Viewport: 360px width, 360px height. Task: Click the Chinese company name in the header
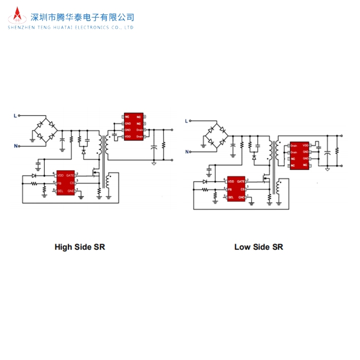click(x=83, y=17)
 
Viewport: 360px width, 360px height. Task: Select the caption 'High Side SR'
click(x=80, y=247)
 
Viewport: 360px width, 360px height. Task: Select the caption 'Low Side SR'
click(x=259, y=247)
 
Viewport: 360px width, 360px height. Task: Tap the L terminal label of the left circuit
click(x=15, y=116)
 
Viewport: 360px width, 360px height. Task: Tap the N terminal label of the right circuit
click(x=187, y=151)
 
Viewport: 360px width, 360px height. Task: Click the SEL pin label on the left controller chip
click(x=60, y=191)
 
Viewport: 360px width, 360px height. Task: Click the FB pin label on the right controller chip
click(x=230, y=189)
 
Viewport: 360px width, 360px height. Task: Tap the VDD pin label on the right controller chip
click(x=231, y=182)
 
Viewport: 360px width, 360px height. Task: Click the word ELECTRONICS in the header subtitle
click(x=95, y=27)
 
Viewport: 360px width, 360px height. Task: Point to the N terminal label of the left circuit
click(x=15, y=146)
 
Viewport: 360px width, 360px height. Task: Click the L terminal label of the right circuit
click(x=187, y=121)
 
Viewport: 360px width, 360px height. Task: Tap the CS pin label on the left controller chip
click(x=73, y=183)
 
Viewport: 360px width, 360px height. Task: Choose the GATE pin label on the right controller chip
click(x=241, y=182)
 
